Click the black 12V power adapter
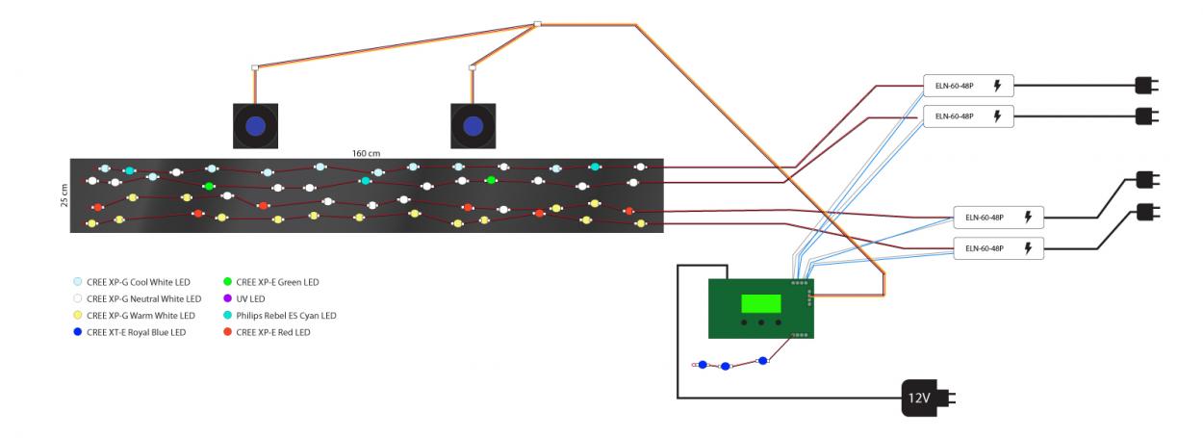click(928, 399)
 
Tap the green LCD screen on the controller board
click(761, 303)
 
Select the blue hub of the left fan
click(255, 126)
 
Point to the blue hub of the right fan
click(473, 126)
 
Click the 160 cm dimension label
click(367, 153)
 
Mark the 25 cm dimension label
click(64, 195)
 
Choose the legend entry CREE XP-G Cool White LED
click(139, 282)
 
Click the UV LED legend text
click(250, 298)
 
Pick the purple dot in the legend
click(228, 298)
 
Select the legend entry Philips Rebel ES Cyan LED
click(286, 316)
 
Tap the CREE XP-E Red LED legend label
click(273, 332)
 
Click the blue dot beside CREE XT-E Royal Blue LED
click(78, 332)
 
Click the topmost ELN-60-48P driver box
click(968, 86)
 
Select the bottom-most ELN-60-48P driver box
click(998, 248)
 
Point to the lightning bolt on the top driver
click(997, 86)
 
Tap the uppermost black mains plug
click(1146, 86)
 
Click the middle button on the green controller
click(761, 323)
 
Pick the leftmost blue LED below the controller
click(703, 365)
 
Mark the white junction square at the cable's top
click(538, 24)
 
